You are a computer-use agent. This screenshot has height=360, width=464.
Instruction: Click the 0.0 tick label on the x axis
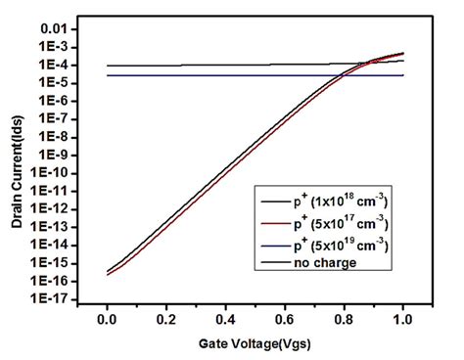click(107, 318)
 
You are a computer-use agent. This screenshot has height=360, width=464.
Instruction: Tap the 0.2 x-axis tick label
click(165, 318)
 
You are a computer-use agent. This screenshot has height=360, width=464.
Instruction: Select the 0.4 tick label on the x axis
click(224, 318)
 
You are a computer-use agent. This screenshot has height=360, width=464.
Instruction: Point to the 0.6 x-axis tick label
click(284, 318)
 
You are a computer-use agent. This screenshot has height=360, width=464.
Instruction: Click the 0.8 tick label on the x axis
click(343, 318)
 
